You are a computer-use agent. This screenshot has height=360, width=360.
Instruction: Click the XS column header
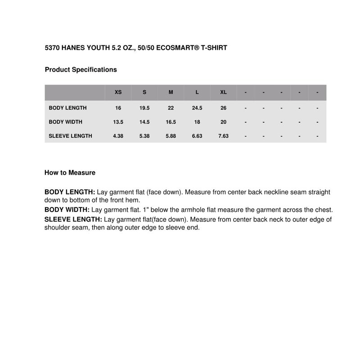pyautogui.click(x=118, y=92)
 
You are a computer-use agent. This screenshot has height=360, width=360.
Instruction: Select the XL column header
pyautogui.click(x=223, y=92)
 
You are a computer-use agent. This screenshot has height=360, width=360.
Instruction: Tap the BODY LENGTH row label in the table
pyautogui.click(x=67, y=108)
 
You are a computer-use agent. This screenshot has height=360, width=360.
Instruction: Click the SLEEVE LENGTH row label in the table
pyautogui.click(x=70, y=136)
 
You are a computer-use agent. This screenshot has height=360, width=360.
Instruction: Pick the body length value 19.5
pyautogui.click(x=144, y=108)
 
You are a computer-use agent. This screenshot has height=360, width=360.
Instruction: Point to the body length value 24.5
pyautogui.click(x=197, y=108)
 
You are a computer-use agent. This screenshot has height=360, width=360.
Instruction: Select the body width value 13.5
pyautogui.click(x=118, y=122)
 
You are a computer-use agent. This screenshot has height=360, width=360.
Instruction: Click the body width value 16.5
pyautogui.click(x=171, y=122)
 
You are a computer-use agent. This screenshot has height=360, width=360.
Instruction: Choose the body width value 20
pyautogui.click(x=223, y=122)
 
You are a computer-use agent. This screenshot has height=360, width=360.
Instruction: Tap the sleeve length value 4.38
pyautogui.click(x=118, y=136)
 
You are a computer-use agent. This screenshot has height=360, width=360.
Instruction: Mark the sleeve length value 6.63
pyautogui.click(x=197, y=136)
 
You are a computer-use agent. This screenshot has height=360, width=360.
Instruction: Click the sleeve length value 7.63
pyautogui.click(x=223, y=136)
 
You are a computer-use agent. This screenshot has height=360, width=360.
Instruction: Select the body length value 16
pyautogui.click(x=118, y=108)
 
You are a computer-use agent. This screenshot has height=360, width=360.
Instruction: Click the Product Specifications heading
pyautogui.click(x=81, y=70)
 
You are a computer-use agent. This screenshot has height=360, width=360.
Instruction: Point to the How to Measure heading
pyautogui.click(x=70, y=172)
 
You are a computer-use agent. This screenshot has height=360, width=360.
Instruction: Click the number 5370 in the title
pyautogui.click(x=52, y=47)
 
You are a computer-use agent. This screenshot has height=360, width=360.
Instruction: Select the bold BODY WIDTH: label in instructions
pyautogui.click(x=67, y=210)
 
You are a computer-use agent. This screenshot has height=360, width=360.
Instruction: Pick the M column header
pyautogui.click(x=171, y=92)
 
